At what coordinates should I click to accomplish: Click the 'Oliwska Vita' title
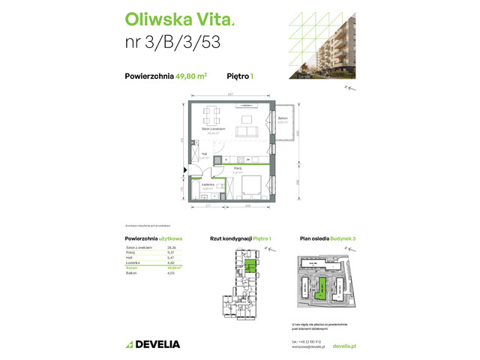(x=169, y=17)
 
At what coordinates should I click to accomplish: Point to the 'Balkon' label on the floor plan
(x=283, y=119)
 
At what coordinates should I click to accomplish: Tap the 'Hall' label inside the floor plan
(x=202, y=156)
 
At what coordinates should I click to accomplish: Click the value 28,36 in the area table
(x=172, y=247)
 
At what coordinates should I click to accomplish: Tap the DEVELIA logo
(x=153, y=344)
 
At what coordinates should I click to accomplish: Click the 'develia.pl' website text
(x=343, y=346)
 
